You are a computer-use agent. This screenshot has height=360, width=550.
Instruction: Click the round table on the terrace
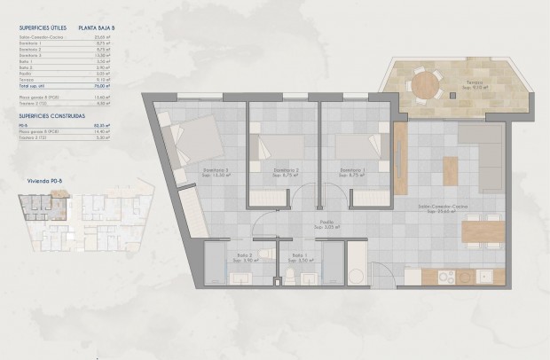tap(428, 84)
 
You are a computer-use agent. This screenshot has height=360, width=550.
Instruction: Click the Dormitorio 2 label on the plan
tap(284, 168)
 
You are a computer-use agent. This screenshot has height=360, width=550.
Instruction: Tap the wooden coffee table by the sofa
tap(452, 167)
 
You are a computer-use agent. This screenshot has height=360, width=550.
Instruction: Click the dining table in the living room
tap(483, 232)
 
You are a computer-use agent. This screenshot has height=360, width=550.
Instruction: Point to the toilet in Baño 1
tap(288, 278)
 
